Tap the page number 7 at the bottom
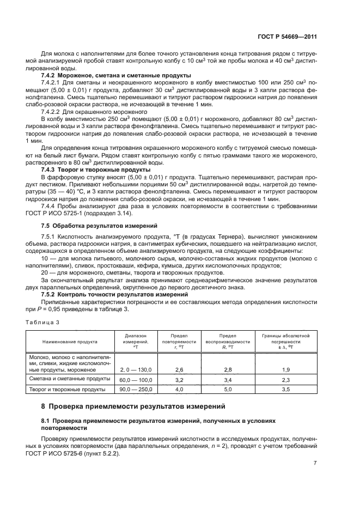pyautogui.click(x=315, y=463)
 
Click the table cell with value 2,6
pyautogui.click(x=179, y=369)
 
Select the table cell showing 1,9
pyautogui.click(x=285, y=369)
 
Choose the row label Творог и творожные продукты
pyautogui.click(x=63, y=389)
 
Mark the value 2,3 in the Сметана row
pyautogui.click(x=285, y=379)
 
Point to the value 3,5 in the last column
pyautogui.click(x=285, y=389)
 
